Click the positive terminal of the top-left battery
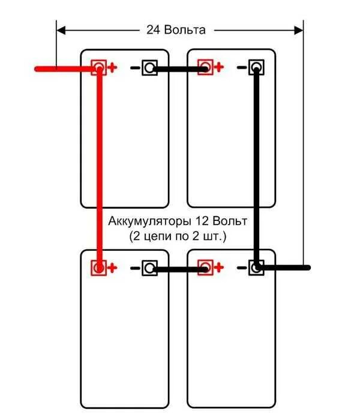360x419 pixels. pyautogui.click(x=97, y=67)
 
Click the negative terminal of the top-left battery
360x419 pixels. pyautogui.click(x=149, y=68)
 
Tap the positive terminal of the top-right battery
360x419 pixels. pyautogui.click(x=205, y=67)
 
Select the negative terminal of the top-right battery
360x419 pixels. pyautogui.click(x=256, y=67)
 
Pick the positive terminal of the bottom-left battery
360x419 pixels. pyautogui.click(x=97, y=267)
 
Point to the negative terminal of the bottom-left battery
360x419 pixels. pyautogui.click(x=149, y=268)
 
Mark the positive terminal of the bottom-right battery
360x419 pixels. pyautogui.click(x=205, y=267)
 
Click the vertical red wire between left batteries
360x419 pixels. pyautogui.click(x=99, y=168)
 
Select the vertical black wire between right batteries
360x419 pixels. pyautogui.click(x=257, y=168)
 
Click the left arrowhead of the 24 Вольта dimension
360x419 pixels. pyautogui.click(x=61, y=29)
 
